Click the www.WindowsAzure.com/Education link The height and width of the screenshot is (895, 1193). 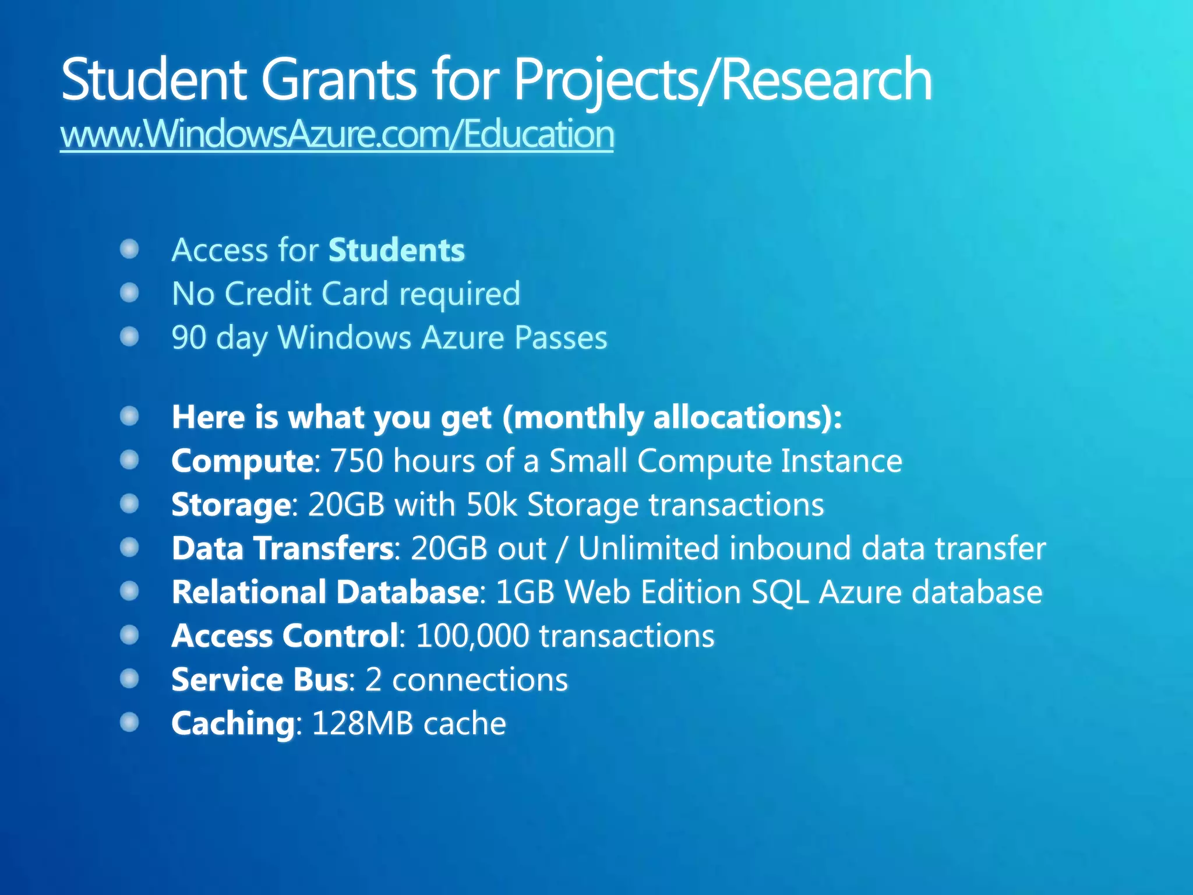337,134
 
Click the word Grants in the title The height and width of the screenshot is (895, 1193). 338,80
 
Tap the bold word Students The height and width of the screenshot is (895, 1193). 396,251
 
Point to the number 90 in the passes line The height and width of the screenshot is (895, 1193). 189,337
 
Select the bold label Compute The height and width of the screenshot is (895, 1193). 242,461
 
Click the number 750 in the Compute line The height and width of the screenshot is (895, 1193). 357,461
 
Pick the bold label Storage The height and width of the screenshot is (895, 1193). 231,505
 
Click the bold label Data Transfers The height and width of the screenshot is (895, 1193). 283,548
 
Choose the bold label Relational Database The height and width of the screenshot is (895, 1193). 325,592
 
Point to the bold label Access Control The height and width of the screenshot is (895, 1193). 285,636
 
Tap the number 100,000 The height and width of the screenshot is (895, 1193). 472,636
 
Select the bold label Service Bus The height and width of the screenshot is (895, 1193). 260,679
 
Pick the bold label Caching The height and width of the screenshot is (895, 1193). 233,724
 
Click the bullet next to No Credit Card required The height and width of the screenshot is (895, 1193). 129,293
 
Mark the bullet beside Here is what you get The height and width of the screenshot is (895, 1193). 129,417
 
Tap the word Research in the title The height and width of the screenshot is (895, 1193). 827,80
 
